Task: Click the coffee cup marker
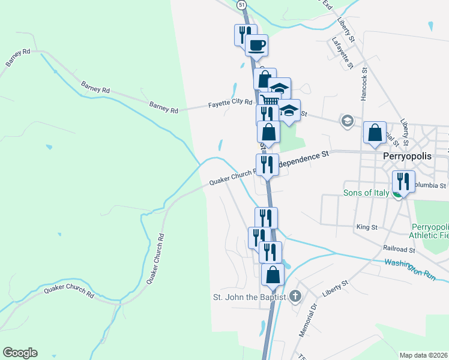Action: click(257, 46)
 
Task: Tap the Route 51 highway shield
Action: click(242, 4)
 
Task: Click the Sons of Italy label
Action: click(366, 193)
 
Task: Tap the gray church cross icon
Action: click(295, 296)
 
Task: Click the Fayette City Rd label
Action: click(230, 104)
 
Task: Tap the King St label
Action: click(366, 227)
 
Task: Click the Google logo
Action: click(20, 353)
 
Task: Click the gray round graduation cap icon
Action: click(347, 121)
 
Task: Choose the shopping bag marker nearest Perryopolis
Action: click(375, 131)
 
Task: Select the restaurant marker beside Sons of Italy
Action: click(403, 180)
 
